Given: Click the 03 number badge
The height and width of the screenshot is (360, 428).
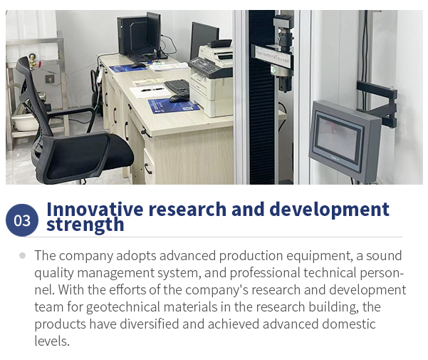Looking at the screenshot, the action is pyautogui.click(x=22, y=220).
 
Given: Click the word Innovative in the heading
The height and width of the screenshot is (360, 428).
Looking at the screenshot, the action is pyautogui.click(x=95, y=209).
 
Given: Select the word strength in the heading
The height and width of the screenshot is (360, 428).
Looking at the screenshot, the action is pyautogui.click(x=85, y=225).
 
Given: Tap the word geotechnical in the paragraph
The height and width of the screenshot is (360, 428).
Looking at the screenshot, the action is pyautogui.click(x=122, y=307).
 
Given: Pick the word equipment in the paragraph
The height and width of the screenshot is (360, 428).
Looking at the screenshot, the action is pyautogui.click(x=318, y=256).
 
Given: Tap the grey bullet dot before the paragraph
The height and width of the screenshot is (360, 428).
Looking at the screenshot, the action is pyautogui.click(x=23, y=256).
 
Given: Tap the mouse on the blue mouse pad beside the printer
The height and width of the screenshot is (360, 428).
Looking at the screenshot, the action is pyautogui.click(x=179, y=98).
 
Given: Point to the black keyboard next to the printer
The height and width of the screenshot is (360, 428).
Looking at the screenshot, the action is pyautogui.click(x=177, y=87).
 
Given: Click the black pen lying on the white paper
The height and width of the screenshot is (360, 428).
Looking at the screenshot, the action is pyautogui.click(x=152, y=89).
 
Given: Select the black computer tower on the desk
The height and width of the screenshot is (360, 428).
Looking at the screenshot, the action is pyautogui.click(x=132, y=36).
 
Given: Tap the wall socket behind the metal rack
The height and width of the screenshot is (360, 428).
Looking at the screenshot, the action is pyautogui.click(x=50, y=78).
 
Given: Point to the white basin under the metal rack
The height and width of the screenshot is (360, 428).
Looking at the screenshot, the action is pyautogui.click(x=25, y=122).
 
